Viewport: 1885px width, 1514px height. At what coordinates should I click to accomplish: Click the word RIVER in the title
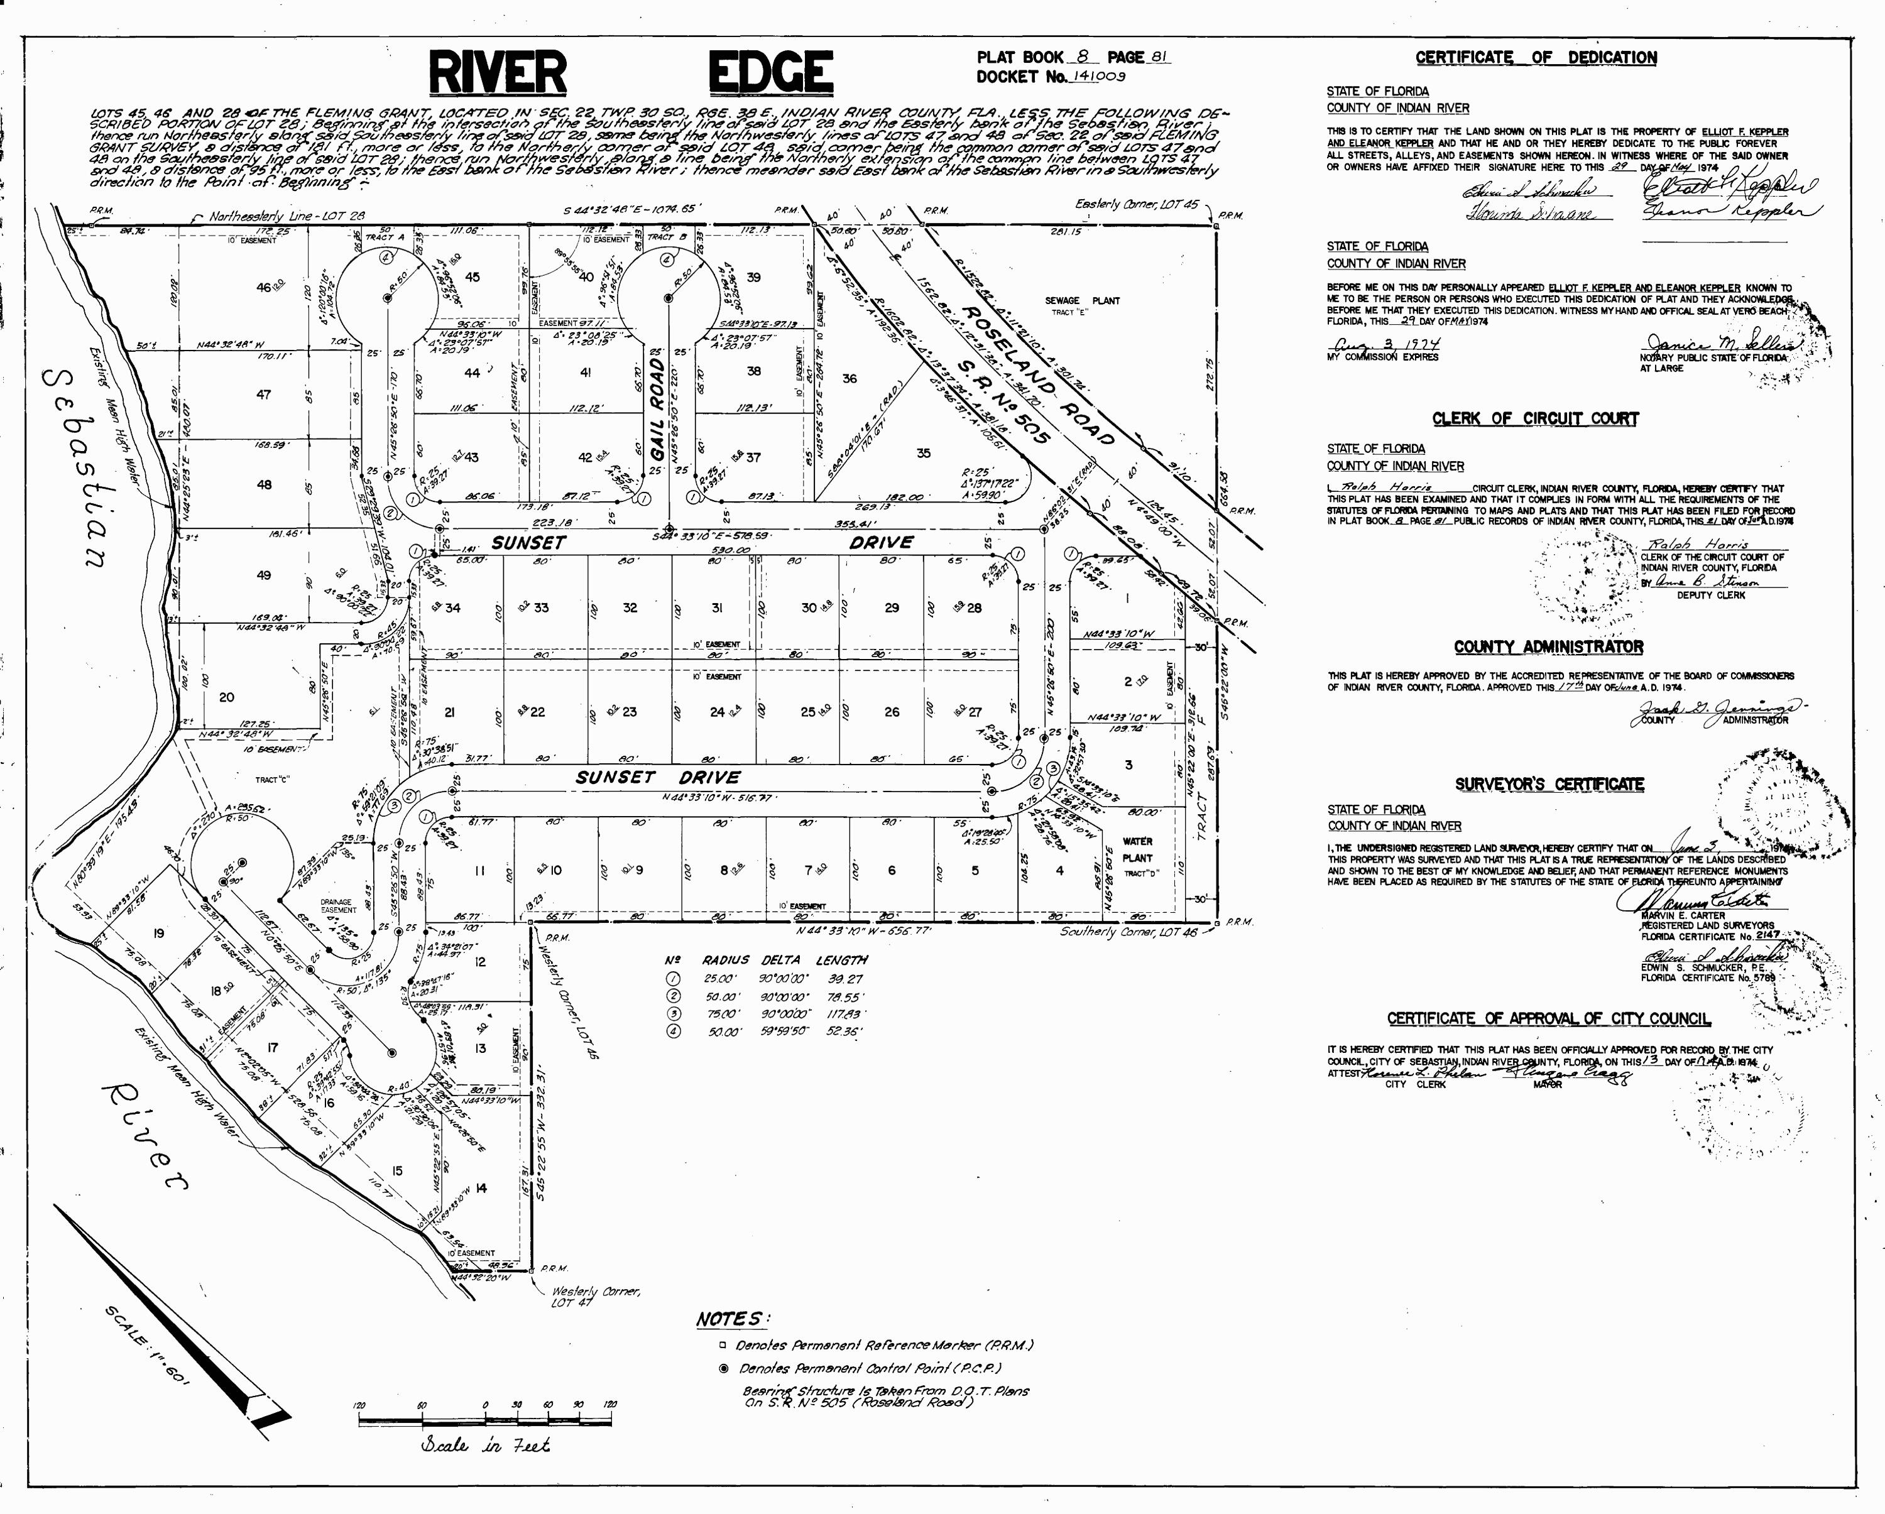pyautogui.click(x=498, y=72)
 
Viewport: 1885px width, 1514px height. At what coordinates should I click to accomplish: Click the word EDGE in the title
pyautogui.click(x=769, y=72)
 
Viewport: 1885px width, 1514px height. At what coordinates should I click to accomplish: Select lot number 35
pyautogui.click(x=923, y=453)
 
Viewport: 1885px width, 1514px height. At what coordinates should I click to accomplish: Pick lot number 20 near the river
pyautogui.click(x=226, y=697)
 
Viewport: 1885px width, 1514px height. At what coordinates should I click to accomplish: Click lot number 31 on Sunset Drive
pyautogui.click(x=716, y=607)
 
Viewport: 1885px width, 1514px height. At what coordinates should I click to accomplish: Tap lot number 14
pyautogui.click(x=480, y=1187)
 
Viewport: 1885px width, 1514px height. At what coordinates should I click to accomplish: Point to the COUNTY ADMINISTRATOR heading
pyautogui.click(x=1548, y=647)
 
